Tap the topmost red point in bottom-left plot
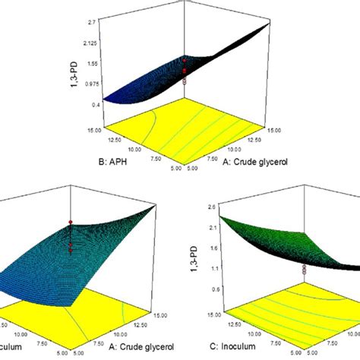(x=69, y=222)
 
